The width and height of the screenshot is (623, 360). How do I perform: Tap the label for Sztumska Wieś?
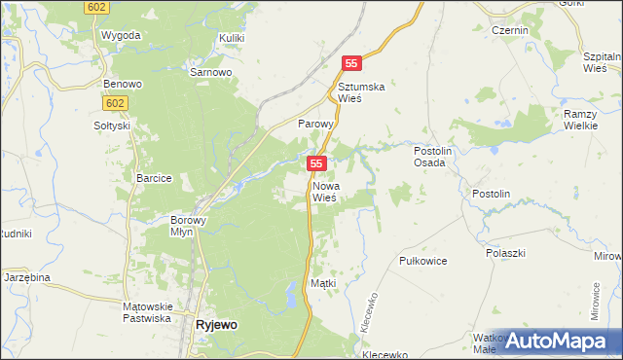click(x=362, y=92)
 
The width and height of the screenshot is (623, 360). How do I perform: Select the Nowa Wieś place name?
click(x=325, y=191)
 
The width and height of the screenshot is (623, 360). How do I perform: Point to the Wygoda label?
click(x=121, y=35)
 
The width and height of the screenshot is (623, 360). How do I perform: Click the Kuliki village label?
click(x=232, y=37)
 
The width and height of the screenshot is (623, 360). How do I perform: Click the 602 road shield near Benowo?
click(x=115, y=101)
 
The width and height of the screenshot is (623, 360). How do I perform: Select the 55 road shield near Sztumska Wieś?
click(x=352, y=63)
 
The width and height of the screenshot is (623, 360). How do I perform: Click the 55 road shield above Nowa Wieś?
click(x=316, y=163)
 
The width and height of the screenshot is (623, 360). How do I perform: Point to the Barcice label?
click(x=155, y=178)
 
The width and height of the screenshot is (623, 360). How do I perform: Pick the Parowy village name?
click(x=315, y=125)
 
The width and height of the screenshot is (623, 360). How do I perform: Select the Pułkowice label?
click(x=423, y=262)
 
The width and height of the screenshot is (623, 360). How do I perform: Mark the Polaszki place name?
click(x=505, y=252)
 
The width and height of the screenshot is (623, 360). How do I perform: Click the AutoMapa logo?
click(x=554, y=340)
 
